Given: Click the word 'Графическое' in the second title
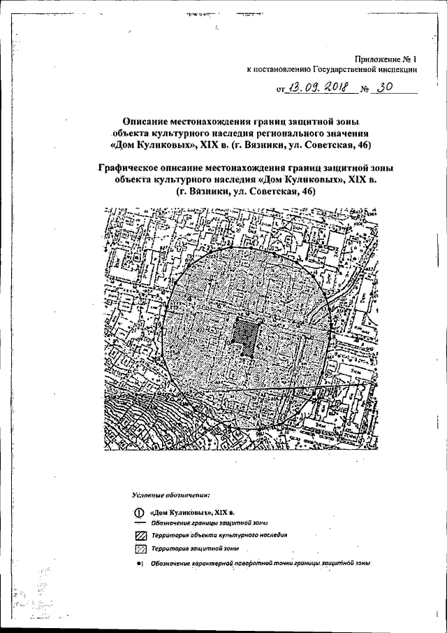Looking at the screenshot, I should [132, 168].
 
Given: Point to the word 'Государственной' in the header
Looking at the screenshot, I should [337, 70].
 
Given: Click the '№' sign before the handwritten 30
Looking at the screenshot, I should [364, 90].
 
